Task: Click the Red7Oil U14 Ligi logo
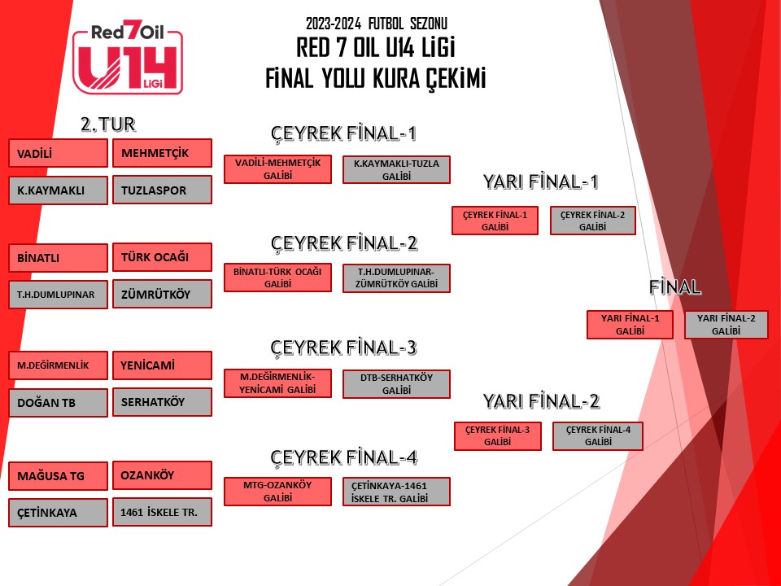[x=128, y=59]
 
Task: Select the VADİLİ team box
[x=59, y=153]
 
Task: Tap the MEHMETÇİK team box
[x=163, y=153]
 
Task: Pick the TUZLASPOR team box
[x=163, y=190]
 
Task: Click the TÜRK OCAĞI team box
[x=163, y=257]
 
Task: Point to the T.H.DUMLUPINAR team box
[x=59, y=295]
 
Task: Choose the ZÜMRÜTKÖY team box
[x=163, y=294]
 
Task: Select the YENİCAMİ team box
[x=163, y=365]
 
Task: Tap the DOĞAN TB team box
[x=59, y=403]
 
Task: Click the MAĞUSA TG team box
[x=59, y=476]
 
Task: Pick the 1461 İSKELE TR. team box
[x=163, y=512]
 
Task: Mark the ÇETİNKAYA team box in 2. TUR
[x=59, y=513]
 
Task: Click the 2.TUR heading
[x=108, y=124]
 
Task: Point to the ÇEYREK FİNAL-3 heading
[x=343, y=348]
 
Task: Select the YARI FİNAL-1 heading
[x=540, y=181]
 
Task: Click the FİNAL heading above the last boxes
[x=675, y=287]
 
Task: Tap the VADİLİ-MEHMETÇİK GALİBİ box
[x=278, y=169]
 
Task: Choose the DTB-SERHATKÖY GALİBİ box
[x=396, y=384]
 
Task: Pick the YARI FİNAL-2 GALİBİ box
[x=726, y=325]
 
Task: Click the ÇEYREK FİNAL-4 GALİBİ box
[x=598, y=436]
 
